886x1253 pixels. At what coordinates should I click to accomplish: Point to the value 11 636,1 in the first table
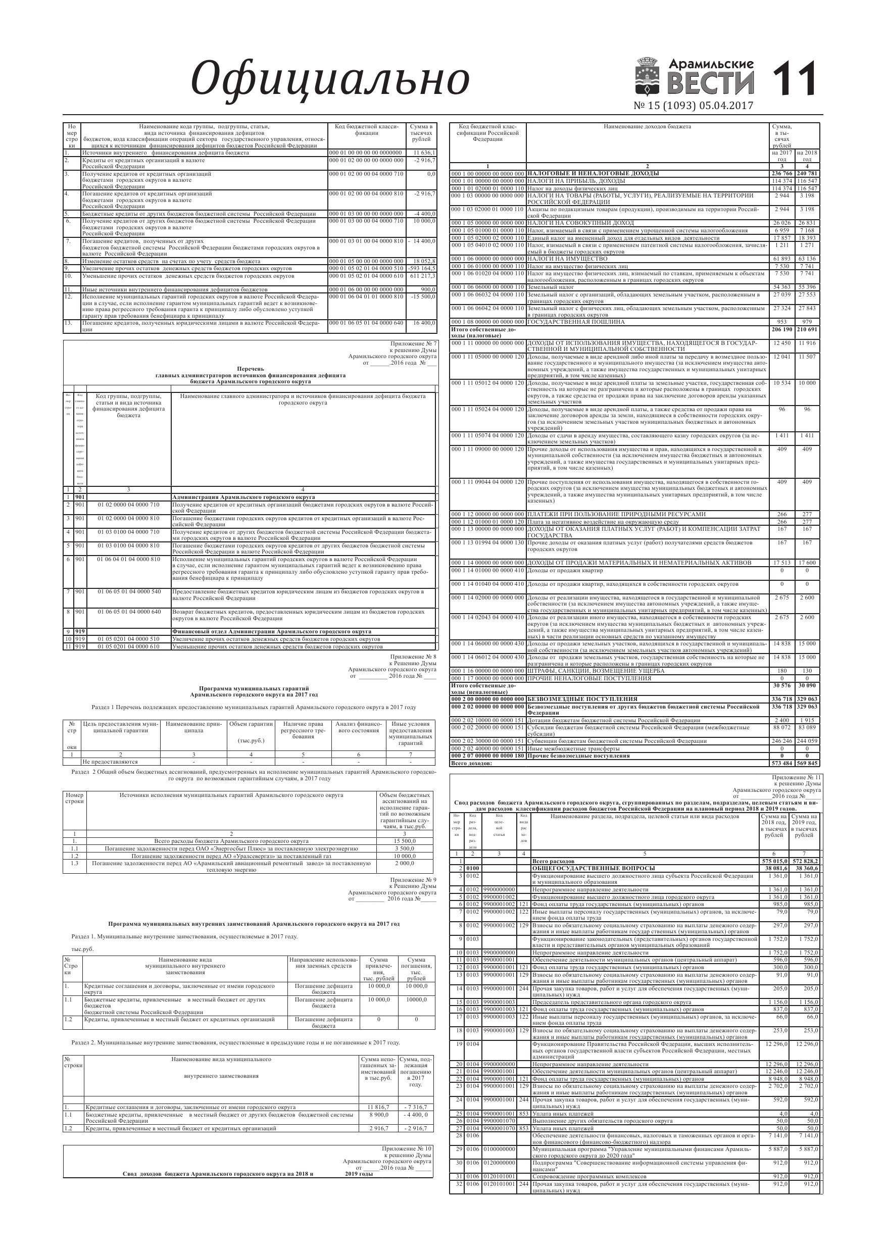[424, 153]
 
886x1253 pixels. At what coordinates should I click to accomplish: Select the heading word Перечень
[250, 369]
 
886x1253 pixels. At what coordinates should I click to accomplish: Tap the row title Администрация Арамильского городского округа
[243, 497]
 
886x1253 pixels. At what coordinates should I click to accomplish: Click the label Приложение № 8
[413, 657]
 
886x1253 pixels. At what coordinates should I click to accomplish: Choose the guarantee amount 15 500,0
[405, 841]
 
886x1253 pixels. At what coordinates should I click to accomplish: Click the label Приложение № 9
[413, 880]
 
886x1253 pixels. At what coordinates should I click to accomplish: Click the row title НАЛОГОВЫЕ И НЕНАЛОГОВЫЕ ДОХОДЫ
[593, 174]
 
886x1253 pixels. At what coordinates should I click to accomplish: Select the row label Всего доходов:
[471, 764]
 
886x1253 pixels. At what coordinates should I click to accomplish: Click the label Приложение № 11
[797, 777]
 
